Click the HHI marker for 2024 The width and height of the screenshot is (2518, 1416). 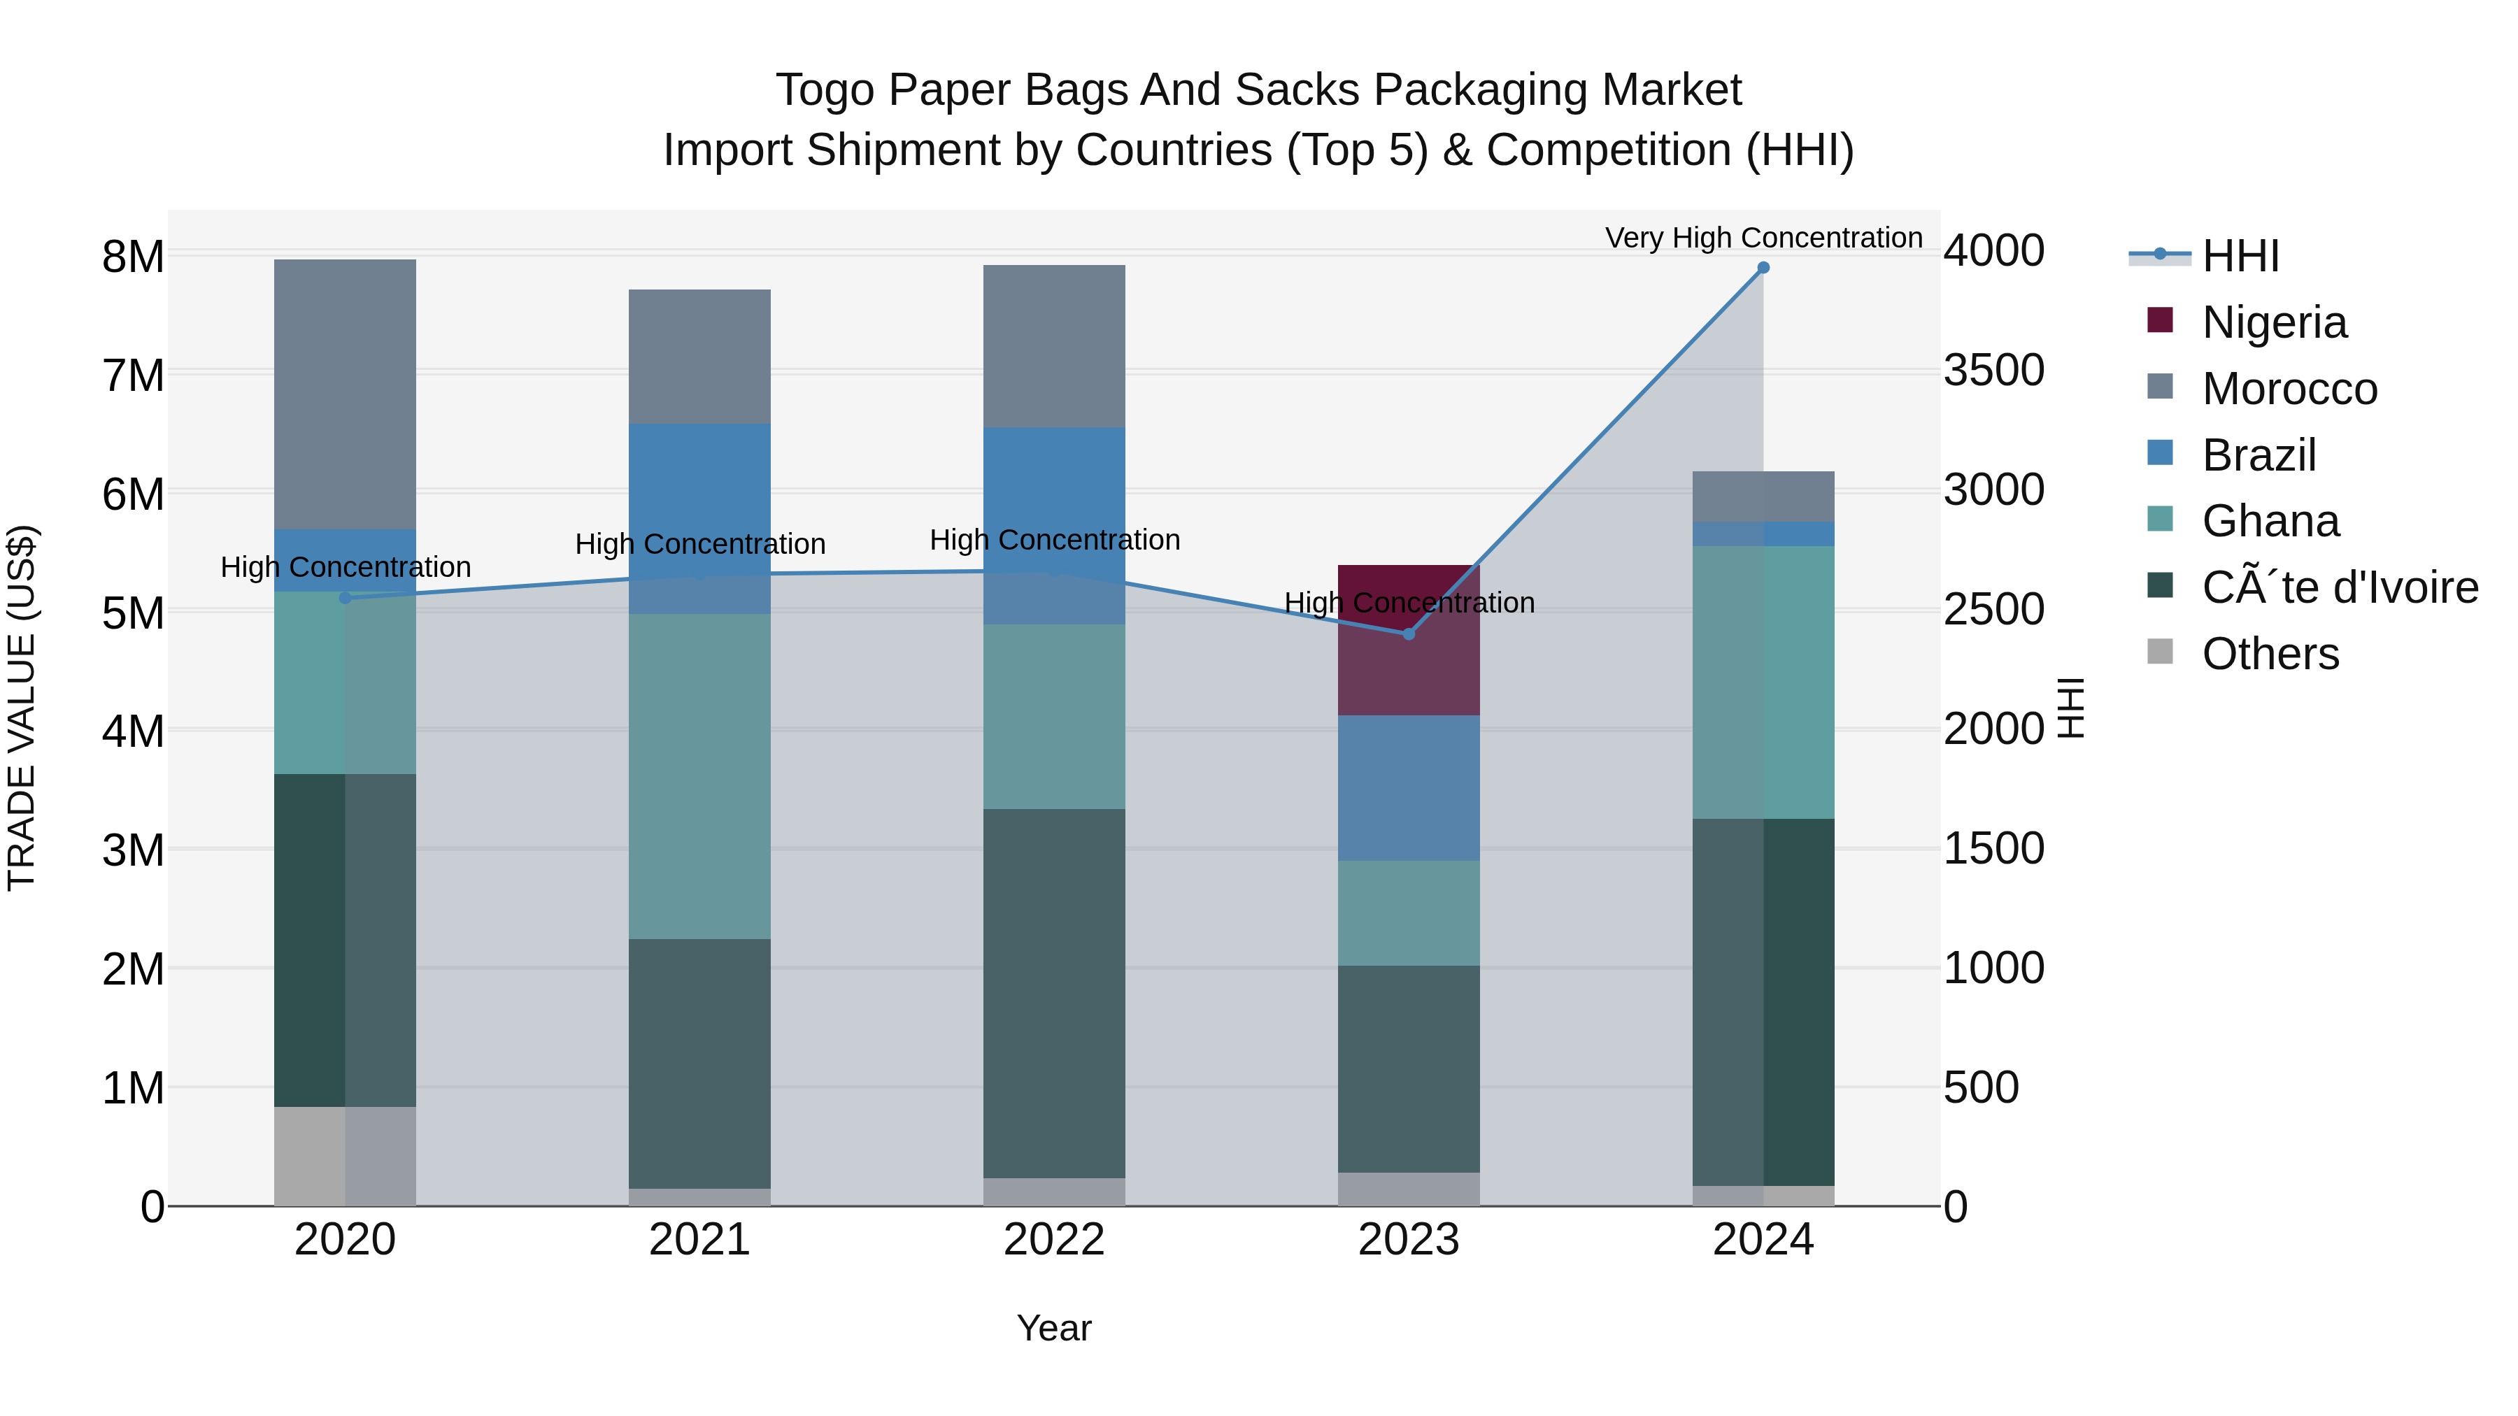1763,268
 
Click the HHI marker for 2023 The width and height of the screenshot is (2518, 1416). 1409,634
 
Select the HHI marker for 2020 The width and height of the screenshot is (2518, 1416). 345,598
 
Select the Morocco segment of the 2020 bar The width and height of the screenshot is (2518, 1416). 345,394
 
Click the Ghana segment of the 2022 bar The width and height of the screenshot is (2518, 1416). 1054,716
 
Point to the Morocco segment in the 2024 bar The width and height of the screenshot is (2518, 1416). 1763,496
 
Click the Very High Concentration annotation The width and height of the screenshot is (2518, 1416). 1763,238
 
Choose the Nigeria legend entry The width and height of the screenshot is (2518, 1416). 2274,322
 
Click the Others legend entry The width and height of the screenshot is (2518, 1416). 2270,654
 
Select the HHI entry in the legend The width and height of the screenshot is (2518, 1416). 2240,256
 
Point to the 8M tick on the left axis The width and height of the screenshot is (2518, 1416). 133,257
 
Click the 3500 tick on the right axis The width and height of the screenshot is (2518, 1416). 1993,371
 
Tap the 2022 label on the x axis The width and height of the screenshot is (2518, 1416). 1054,1240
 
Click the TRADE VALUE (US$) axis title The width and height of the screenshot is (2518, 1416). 22,708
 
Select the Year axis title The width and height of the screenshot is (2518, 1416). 1054,1328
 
